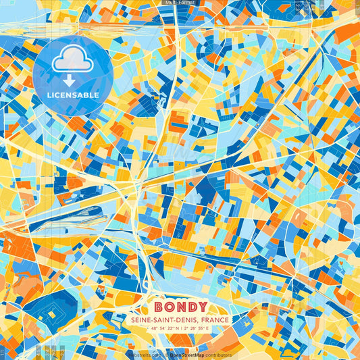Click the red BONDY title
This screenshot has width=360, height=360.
pyautogui.click(x=180, y=307)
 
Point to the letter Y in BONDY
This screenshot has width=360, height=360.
pyautogui.click(x=202, y=307)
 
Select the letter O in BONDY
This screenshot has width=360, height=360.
pyautogui.click(x=170, y=307)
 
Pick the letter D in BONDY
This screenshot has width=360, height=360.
pyautogui.click(x=192, y=307)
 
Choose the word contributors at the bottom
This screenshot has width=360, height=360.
pyautogui.click(x=216, y=355)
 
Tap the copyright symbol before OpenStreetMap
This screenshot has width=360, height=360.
pyautogui.click(x=166, y=355)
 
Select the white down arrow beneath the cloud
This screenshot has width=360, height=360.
pyautogui.click(x=73, y=80)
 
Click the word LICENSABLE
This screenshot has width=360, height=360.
pyautogui.click(x=73, y=95)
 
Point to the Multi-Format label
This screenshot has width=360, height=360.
pyautogui.click(x=179, y=3)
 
